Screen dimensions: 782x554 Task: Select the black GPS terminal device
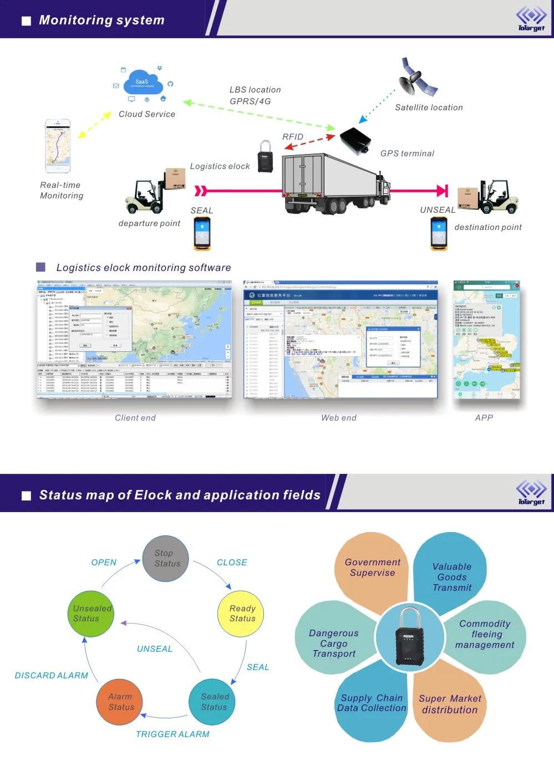pyautogui.click(x=354, y=141)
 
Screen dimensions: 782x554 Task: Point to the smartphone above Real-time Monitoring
pyautogui.click(x=58, y=146)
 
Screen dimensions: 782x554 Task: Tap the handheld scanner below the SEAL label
pyautogui.click(x=202, y=233)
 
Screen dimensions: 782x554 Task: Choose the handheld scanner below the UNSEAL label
pyautogui.click(x=439, y=233)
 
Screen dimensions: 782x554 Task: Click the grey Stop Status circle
pyautogui.click(x=165, y=559)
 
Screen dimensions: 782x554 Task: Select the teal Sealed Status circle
pyautogui.click(x=212, y=702)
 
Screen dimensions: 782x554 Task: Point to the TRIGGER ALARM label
pyautogui.click(x=172, y=734)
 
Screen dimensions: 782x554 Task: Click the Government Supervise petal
pyautogui.click(x=372, y=568)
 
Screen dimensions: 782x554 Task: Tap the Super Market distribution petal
pyautogui.click(x=449, y=704)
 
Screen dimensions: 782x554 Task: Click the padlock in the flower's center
pyautogui.click(x=409, y=638)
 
